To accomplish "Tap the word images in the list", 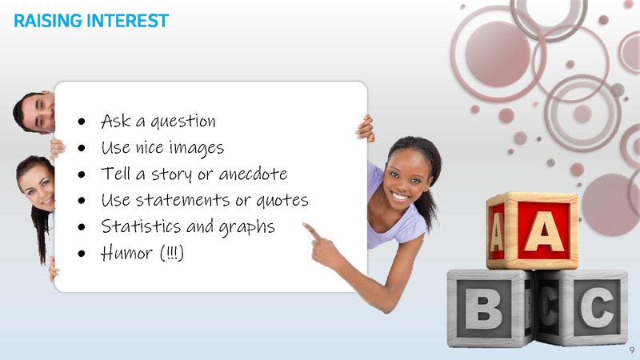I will (198, 148).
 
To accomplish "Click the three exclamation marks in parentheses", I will (174, 253).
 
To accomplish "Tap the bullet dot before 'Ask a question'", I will (82, 122).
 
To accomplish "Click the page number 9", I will (631, 350).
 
